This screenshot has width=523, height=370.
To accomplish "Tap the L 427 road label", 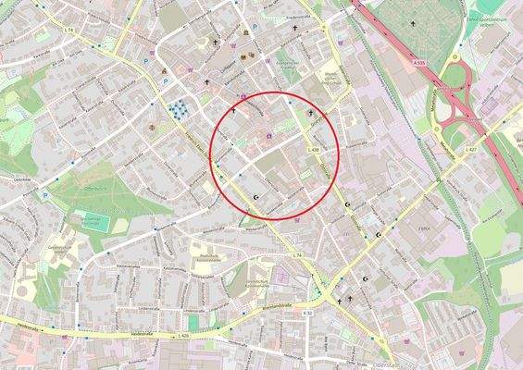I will point(471,149).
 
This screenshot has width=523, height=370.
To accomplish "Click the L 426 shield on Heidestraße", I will point(181,336).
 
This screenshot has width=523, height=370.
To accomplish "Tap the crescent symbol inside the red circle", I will point(257,197).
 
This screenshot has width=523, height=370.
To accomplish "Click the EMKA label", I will point(425,225).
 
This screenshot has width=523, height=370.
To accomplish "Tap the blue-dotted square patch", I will point(177,110).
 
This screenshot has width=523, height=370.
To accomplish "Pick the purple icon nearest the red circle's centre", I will point(269,139).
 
